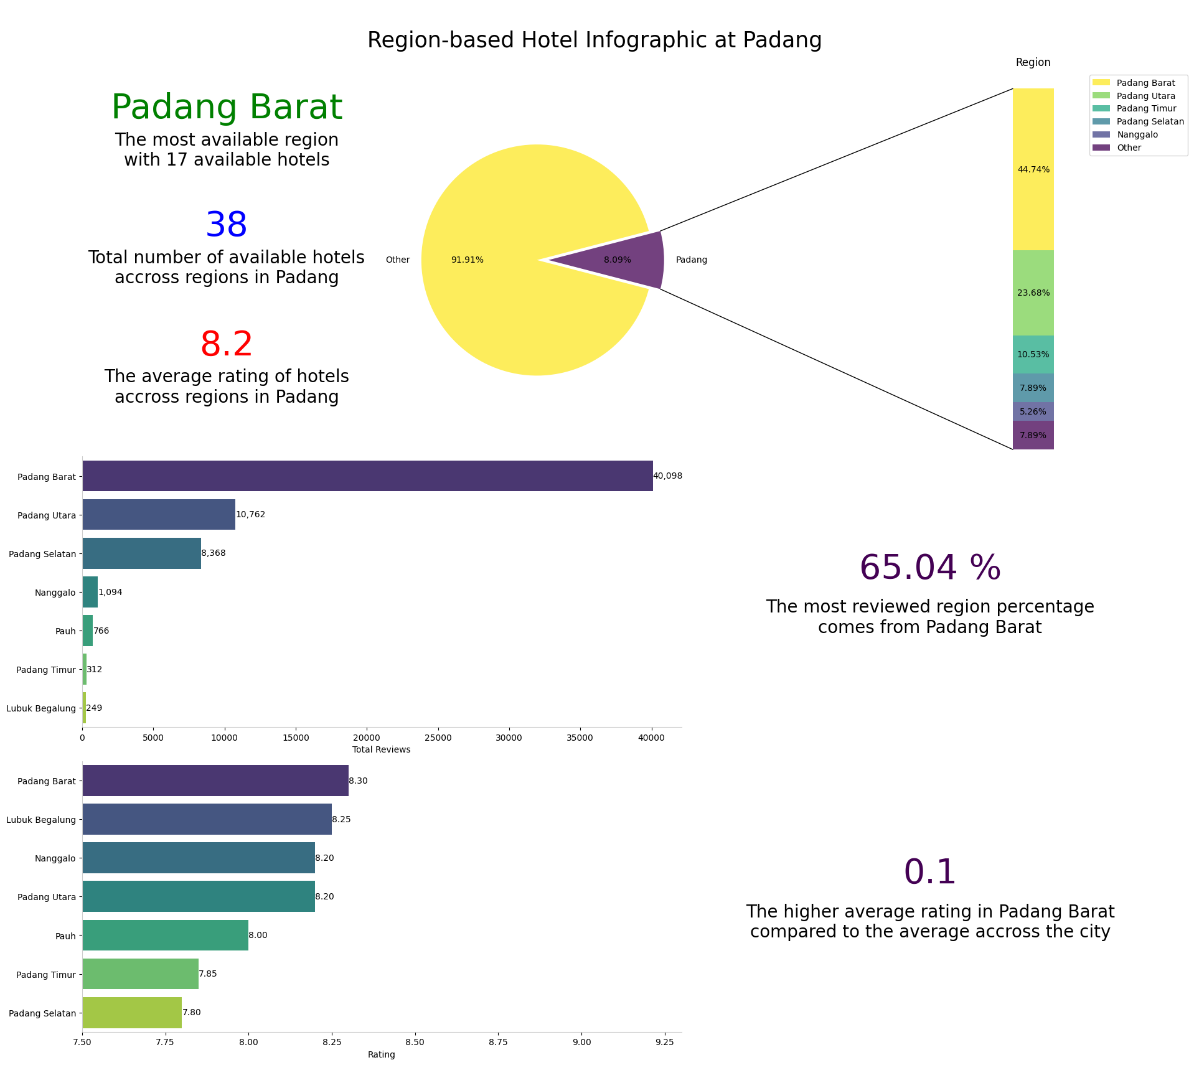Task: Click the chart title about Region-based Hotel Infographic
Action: pos(594,40)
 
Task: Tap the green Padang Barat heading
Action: pos(227,108)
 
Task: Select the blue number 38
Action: pos(227,225)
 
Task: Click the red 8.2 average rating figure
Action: pos(227,345)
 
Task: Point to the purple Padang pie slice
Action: pos(629,260)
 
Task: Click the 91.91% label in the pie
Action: pos(467,260)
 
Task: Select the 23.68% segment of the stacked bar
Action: pos(1033,293)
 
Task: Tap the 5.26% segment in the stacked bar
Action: pos(1033,411)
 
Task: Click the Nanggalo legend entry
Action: pos(1137,134)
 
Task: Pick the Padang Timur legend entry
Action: pos(1145,109)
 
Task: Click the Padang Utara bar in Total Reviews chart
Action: pos(159,515)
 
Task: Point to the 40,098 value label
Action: pos(667,476)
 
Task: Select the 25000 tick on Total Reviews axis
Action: pos(438,738)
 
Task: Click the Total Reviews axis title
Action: pos(381,750)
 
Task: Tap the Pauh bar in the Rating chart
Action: pos(165,936)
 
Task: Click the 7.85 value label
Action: pos(208,974)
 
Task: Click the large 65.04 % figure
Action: pos(929,568)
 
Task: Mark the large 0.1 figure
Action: pos(929,873)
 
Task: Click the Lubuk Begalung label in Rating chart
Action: pos(41,820)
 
